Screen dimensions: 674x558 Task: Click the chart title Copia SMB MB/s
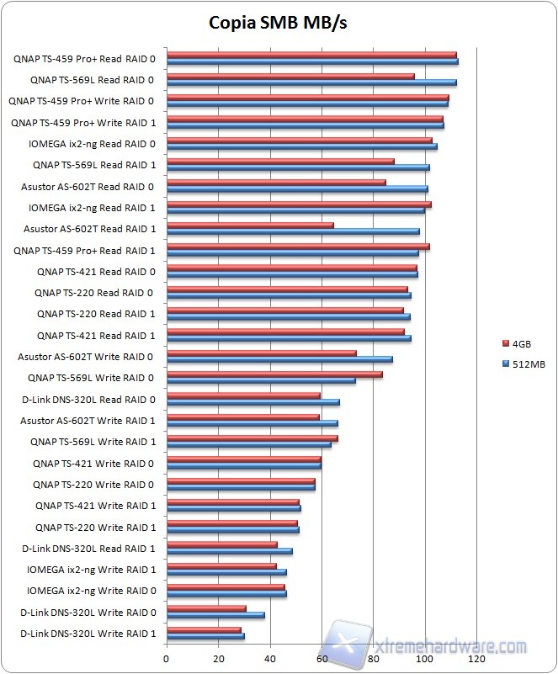click(x=278, y=23)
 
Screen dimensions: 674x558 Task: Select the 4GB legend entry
click(x=520, y=343)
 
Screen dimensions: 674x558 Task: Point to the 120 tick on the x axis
click(x=477, y=659)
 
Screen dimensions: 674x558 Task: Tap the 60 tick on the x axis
click(x=322, y=659)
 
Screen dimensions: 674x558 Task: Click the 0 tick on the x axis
click(x=167, y=659)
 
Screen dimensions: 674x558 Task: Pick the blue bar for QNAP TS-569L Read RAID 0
click(x=311, y=82)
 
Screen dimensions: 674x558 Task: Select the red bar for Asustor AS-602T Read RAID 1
click(x=250, y=226)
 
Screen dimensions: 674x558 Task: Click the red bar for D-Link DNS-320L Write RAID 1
click(x=204, y=629)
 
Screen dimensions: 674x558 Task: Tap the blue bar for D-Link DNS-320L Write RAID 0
click(x=215, y=615)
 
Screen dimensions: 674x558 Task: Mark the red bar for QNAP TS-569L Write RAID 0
click(x=274, y=374)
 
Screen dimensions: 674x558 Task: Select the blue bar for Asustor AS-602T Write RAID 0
click(x=279, y=359)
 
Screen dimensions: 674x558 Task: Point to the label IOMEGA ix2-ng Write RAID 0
click(x=91, y=591)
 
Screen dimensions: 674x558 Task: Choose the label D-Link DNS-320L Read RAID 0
click(x=88, y=400)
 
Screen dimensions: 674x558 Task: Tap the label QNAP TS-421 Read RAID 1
click(x=96, y=336)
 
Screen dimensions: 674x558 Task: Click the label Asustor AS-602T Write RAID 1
click(x=88, y=421)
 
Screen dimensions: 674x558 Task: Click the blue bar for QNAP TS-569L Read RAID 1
click(x=298, y=167)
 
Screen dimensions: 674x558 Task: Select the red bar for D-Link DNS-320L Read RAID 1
click(x=222, y=544)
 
